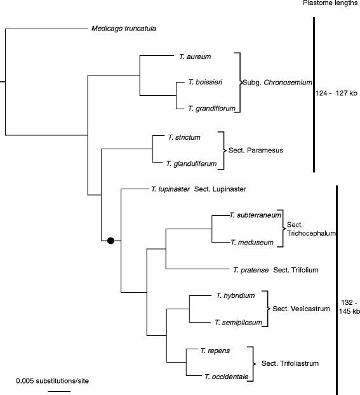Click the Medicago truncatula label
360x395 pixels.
(124, 29)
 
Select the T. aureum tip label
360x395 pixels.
(195, 57)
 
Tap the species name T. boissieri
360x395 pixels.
(205, 82)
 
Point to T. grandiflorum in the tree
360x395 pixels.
(211, 109)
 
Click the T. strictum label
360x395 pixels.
(184, 137)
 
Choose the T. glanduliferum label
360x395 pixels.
(192, 164)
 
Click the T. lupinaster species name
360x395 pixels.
(171, 189)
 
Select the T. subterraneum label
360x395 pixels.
(255, 215)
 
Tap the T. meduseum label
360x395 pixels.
(252, 243)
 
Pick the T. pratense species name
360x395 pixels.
(251, 270)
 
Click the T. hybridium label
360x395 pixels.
(236, 295)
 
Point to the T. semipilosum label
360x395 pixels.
(238, 323)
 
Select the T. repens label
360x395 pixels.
(215, 351)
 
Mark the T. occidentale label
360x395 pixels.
(227, 377)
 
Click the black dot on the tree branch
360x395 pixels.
(111, 241)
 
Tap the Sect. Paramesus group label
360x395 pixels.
(256, 151)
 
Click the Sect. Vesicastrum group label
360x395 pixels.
(302, 309)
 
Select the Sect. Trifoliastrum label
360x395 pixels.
(290, 363)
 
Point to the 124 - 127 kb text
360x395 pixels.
(337, 93)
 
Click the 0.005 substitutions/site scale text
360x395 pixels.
(53, 381)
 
